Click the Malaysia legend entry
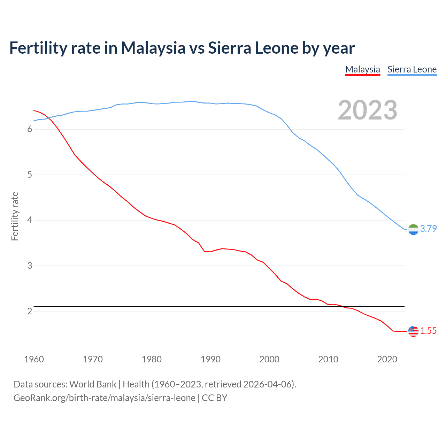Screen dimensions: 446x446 (x=362, y=69)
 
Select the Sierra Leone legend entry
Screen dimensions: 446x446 (x=412, y=69)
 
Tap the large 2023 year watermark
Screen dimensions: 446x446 (x=368, y=110)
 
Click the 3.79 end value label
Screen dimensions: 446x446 (x=428, y=229)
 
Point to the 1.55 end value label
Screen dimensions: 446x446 (x=428, y=331)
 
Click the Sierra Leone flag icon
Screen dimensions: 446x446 (x=413, y=229)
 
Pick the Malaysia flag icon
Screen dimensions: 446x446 (x=413, y=331)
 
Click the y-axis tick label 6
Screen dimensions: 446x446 (x=30, y=129)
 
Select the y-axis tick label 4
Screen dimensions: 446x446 (x=30, y=220)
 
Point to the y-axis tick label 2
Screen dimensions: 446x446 (x=30, y=311)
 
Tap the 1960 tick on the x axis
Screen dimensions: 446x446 (x=34, y=359)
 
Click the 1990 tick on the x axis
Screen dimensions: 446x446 (x=210, y=359)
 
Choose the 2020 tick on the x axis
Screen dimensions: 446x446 (x=387, y=359)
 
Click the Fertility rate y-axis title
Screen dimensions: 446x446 (x=15, y=216)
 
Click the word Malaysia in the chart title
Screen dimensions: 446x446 (x=153, y=48)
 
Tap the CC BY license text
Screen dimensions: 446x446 (x=215, y=398)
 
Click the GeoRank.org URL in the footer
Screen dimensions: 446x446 (x=105, y=398)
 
